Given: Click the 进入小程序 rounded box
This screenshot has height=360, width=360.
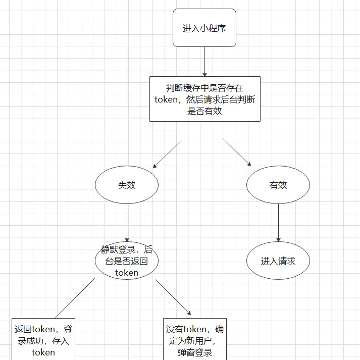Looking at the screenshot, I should pos(204,28).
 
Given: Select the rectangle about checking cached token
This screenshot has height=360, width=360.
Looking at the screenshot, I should pos(204,99).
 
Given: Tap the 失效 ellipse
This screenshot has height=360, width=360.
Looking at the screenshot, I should pos(127,185).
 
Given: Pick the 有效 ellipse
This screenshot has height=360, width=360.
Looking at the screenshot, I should pos(278,185).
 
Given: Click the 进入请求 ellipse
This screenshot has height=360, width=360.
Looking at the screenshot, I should pos(278,261).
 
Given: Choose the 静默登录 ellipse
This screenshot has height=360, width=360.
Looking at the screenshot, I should pos(127,261).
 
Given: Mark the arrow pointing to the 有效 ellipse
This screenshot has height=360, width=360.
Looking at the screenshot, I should pos(237,152).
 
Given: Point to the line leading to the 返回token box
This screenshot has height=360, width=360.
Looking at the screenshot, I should pos(75,298).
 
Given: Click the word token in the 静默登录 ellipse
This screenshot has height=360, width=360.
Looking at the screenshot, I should pos(127,273).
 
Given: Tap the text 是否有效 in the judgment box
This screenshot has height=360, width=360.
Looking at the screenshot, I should pos(204,111).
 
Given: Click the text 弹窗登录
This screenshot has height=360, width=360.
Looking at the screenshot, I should pos(195,352).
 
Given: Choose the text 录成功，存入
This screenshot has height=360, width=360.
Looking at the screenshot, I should pos(43,341).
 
